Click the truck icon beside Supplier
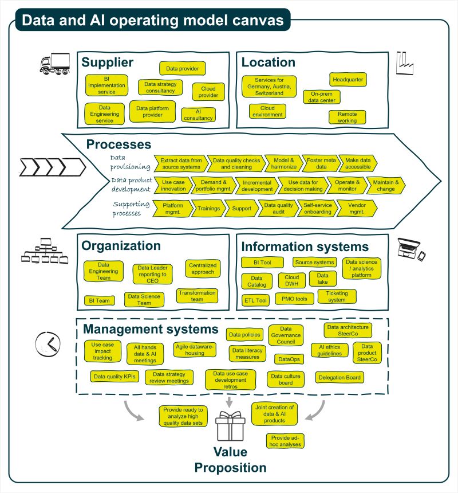click(54, 64)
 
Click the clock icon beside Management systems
click(48, 343)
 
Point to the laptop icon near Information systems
click(410, 248)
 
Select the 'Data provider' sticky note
click(182, 69)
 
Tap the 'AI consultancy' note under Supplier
click(198, 115)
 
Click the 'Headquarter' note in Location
click(348, 80)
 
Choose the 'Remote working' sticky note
click(347, 118)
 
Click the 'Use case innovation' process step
click(173, 186)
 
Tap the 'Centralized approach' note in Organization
click(203, 268)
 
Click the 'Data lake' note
click(322, 279)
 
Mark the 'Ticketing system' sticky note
click(337, 296)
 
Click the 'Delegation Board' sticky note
click(340, 377)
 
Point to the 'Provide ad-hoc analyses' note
click(285, 441)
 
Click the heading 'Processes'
click(119, 144)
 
